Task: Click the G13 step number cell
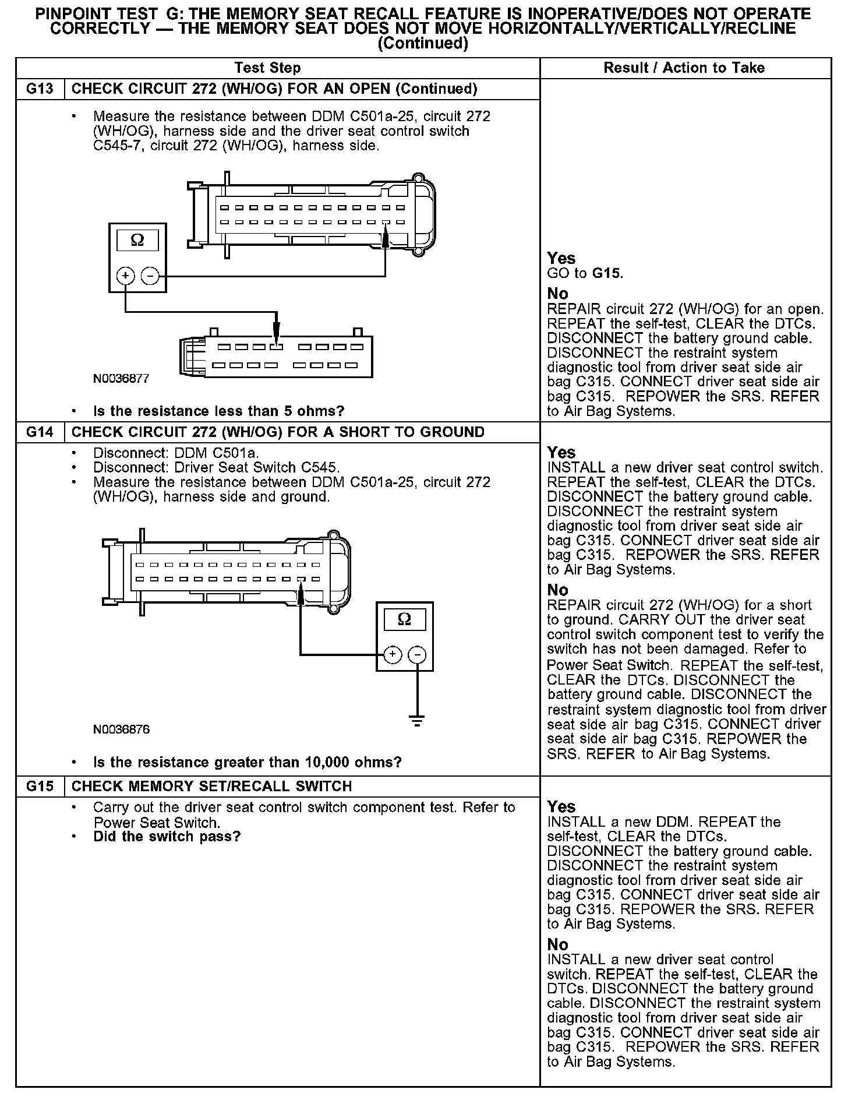pyautogui.click(x=40, y=89)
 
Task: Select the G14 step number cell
pyautogui.click(x=40, y=432)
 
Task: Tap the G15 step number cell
pyautogui.click(x=40, y=787)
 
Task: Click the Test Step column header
pyautogui.click(x=267, y=68)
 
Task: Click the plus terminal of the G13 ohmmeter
pyautogui.click(x=126, y=276)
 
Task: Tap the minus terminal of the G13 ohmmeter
pyautogui.click(x=150, y=276)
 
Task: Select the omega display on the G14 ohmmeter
pyautogui.click(x=404, y=619)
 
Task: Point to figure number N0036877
pyautogui.click(x=121, y=379)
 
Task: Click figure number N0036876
pyautogui.click(x=121, y=729)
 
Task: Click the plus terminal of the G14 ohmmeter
pyautogui.click(x=393, y=655)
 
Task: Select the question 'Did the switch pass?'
pyautogui.click(x=167, y=837)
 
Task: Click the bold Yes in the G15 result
pyautogui.click(x=561, y=807)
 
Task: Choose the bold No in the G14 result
pyautogui.click(x=557, y=590)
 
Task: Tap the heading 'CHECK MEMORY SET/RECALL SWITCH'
pyautogui.click(x=211, y=787)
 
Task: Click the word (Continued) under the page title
pyautogui.click(x=423, y=44)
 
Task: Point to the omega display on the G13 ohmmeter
pyautogui.click(x=137, y=240)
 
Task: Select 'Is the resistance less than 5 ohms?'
pyautogui.click(x=218, y=411)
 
